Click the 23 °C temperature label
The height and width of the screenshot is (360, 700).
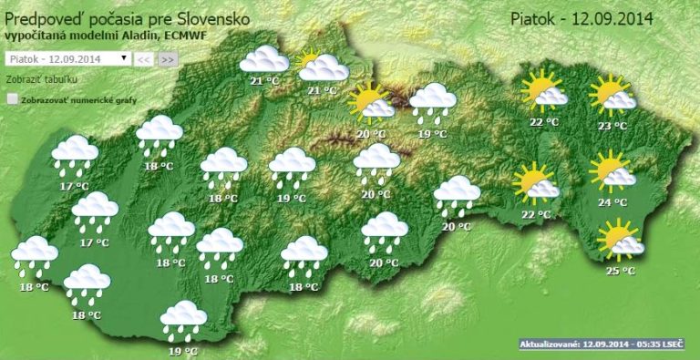click(x=612, y=126)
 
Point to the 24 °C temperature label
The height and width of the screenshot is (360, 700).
click(x=612, y=201)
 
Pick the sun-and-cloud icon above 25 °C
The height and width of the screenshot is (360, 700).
click(x=620, y=240)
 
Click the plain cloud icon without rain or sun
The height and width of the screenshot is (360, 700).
click(x=263, y=60)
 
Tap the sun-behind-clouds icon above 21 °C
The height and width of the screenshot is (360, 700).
click(x=323, y=66)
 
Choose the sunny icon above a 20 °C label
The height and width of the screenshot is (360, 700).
click(x=371, y=102)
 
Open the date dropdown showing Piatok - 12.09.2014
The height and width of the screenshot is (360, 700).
click(x=67, y=58)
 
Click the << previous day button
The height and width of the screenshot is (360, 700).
click(x=144, y=58)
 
